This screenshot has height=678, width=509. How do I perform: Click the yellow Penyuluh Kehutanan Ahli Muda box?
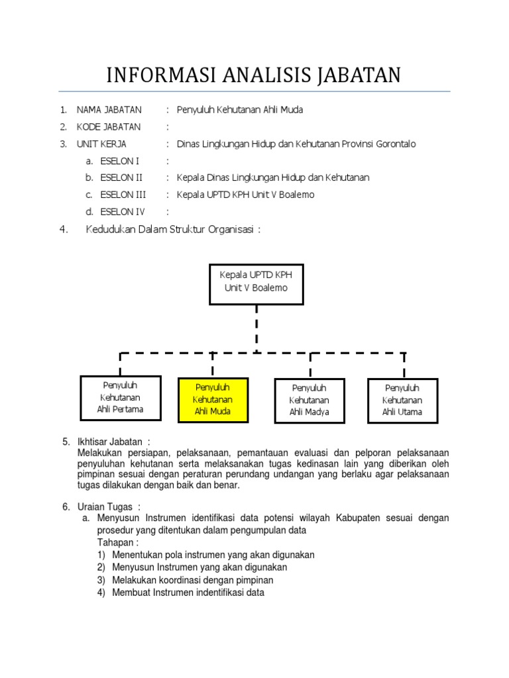coord(213,400)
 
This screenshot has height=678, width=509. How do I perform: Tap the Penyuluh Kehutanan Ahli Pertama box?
coord(120,397)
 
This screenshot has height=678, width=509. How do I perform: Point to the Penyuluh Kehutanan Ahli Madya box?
coord(309,400)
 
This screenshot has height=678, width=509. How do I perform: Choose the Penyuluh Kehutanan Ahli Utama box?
coord(402,400)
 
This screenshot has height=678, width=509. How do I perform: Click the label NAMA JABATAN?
coord(109,110)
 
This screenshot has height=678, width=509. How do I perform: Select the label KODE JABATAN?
coord(109,126)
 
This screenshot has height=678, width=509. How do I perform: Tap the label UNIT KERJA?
coord(101,144)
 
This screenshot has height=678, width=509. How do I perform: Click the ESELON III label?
coord(123,195)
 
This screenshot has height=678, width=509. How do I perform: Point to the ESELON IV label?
coord(122,212)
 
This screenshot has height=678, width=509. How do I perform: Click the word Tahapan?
coord(116,542)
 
